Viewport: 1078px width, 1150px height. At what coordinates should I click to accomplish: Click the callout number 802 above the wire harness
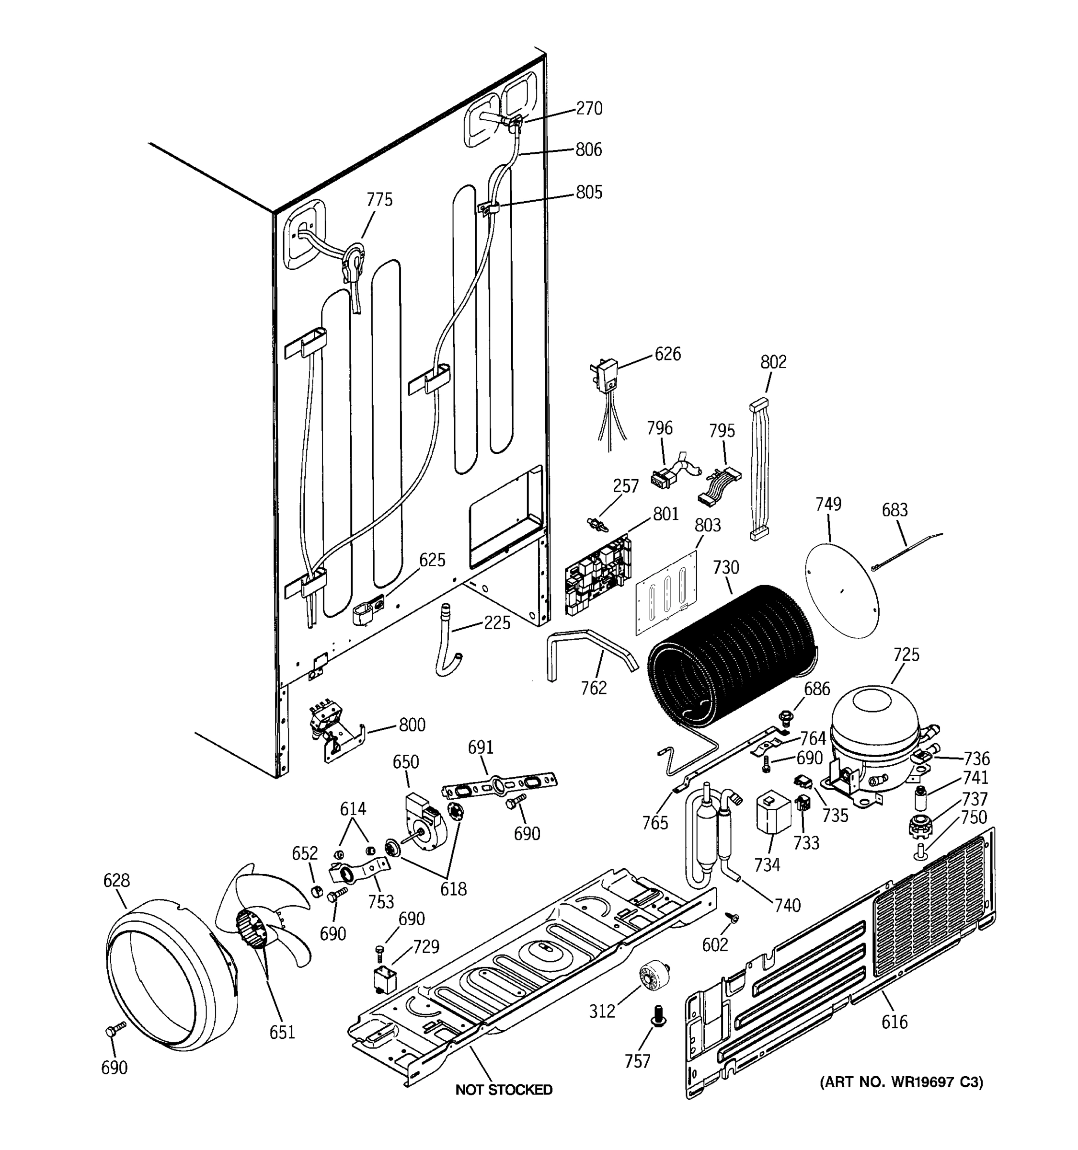point(773,362)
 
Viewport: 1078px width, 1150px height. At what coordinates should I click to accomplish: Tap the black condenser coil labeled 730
point(732,656)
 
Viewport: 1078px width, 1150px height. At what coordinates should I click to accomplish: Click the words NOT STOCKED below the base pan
point(504,1089)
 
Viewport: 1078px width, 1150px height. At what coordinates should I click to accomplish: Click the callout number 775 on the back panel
point(379,199)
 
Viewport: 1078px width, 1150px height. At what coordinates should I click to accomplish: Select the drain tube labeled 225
point(447,640)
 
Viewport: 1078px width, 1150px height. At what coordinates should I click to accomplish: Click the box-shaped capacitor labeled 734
point(773,812)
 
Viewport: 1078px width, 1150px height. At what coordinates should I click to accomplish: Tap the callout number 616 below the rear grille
point(894,1022)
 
